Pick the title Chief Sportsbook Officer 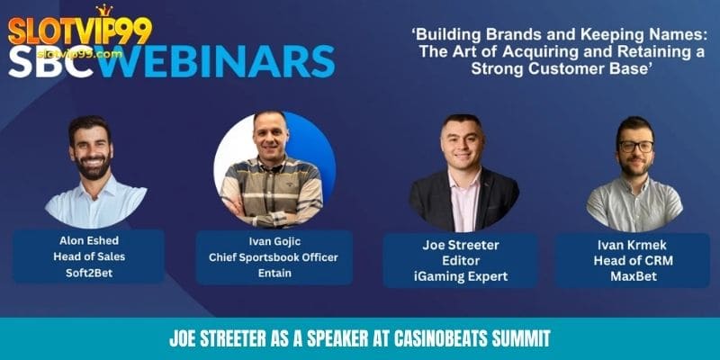click(x=274, y=258)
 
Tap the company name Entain click(x=274, y=274)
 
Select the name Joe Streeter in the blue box click(x=460, y=246)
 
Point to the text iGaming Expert click(x=460, y=276)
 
